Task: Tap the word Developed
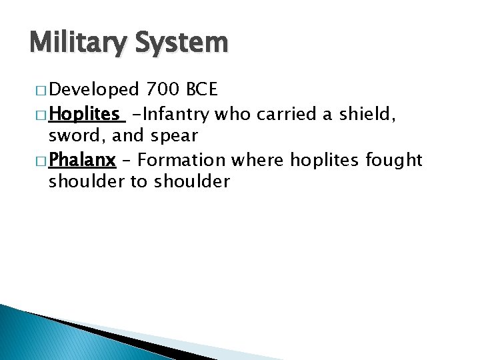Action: tap(94, 89)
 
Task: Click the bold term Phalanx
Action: tap(82, 160)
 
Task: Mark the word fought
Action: tap(399, 160)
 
